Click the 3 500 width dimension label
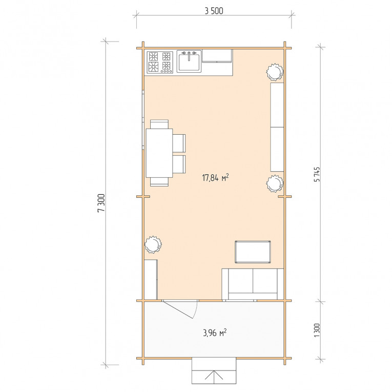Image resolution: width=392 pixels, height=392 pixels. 214,11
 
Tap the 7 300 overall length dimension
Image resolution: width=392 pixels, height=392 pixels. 101,203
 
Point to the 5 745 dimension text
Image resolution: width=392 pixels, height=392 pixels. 317,174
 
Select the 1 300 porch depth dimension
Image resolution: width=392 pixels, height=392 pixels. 317,330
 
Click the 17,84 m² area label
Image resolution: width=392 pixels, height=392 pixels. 215,178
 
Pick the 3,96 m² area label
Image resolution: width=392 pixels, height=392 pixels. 215,333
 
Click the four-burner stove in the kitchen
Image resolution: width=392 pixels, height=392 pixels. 160,63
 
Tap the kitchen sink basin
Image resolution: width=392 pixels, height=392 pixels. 189,61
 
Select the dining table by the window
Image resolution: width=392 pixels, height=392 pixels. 159,153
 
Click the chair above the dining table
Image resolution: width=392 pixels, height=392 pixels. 159,124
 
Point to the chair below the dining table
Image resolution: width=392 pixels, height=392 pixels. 159,182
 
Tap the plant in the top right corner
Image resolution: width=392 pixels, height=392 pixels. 275,72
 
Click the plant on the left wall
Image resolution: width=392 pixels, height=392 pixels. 153,244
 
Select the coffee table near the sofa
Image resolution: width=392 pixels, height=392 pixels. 253,252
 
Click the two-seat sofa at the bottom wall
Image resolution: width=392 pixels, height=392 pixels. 253,284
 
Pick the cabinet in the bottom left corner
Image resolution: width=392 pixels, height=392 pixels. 151,279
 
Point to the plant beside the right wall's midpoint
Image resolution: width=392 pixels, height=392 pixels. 275,183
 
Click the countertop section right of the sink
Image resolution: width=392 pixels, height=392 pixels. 217,56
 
